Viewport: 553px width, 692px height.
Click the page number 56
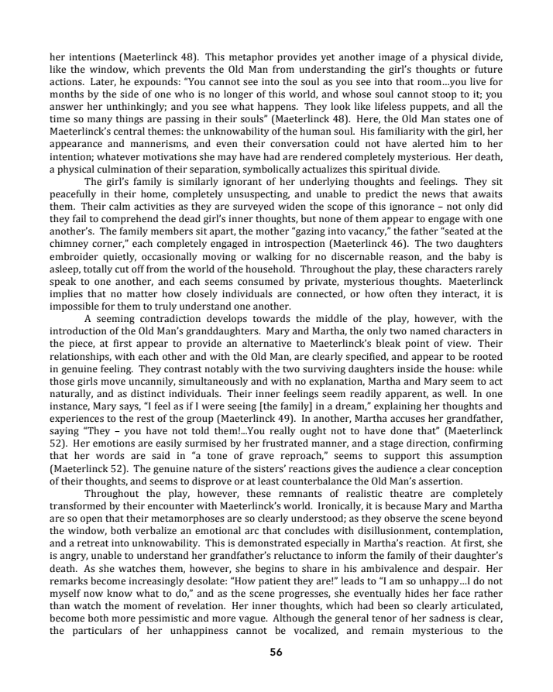click(276, 652)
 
